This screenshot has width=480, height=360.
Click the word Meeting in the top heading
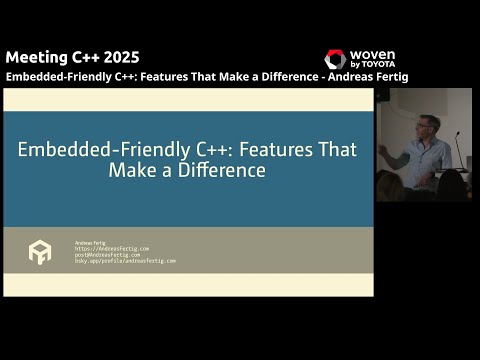point(35,57)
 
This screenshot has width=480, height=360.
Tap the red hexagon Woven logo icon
point(335,60)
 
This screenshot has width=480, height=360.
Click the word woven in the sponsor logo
point(374,55)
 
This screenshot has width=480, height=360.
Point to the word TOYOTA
point(382,65)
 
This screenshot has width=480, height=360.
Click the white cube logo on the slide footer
point(40,252)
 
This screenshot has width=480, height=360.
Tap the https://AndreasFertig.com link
point(112,248)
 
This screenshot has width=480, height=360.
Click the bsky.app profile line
point(125,260)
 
